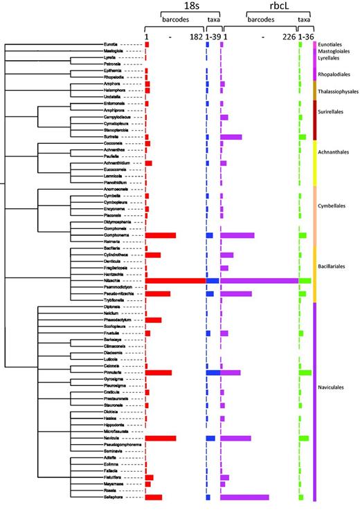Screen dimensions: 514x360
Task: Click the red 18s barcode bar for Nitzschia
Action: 175,281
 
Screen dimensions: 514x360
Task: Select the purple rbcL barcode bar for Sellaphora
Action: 244,497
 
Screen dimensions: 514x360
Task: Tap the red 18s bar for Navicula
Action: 161,438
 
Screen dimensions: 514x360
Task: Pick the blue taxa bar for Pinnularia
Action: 213,372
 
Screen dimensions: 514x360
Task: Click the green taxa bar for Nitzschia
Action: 305,281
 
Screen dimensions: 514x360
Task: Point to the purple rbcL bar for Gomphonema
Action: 237,235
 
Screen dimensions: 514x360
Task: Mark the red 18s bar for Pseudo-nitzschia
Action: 158,294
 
